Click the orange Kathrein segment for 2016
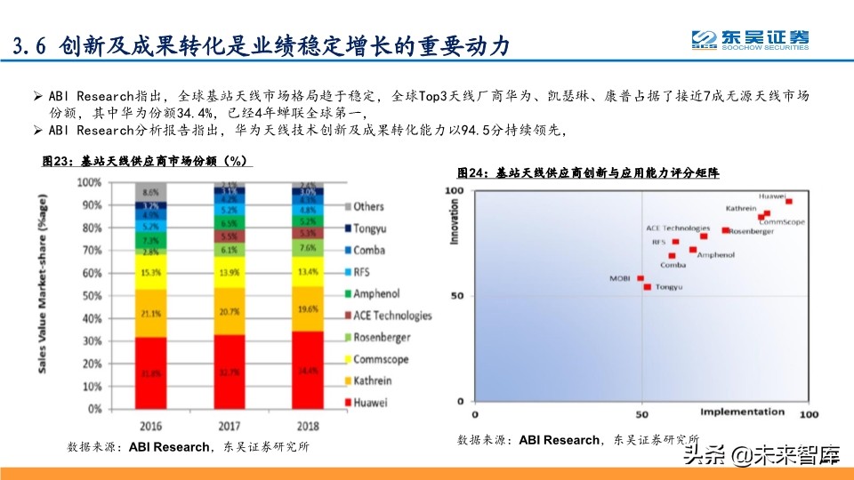[151, 313]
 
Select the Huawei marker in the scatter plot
[788, 202]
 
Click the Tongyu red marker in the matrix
[647, 287]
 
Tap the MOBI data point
[640, 278]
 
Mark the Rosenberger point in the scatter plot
[725, 230]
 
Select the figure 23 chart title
[148, 161]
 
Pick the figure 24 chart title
[588, 172]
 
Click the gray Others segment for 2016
[151, 192]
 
